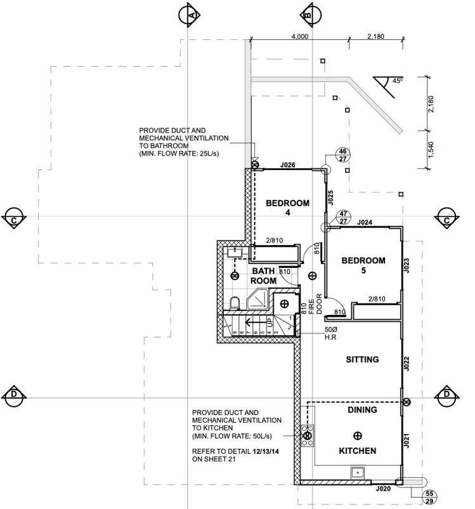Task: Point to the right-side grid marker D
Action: (446, 395)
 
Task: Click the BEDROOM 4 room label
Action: (287, 208)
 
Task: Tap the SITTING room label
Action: (362, 360)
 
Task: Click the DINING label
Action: (362, 410)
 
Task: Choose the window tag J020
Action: (382, 489)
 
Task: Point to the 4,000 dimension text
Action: (300, 37)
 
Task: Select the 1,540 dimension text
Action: (431, 150)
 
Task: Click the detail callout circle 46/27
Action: (342, 155)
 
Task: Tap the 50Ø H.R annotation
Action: (330, 334)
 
